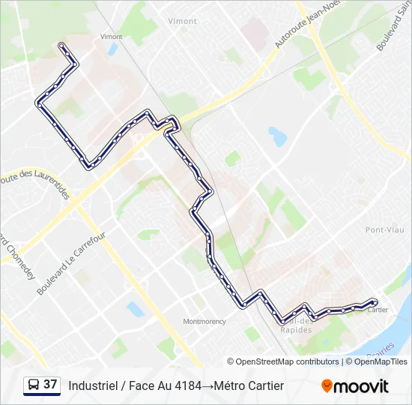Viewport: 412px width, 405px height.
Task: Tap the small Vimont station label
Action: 111,36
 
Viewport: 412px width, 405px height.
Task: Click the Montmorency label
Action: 204,322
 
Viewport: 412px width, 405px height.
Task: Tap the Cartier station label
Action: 378,310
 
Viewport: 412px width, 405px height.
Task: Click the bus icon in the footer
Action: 33,385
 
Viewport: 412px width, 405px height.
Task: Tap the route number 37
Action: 50,385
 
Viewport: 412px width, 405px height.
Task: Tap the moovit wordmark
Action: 361,386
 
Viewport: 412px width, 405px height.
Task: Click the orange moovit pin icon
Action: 327,385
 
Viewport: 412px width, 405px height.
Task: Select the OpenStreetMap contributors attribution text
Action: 288,361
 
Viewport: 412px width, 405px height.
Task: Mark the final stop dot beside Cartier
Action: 374,302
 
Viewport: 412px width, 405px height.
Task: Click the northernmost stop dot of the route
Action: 62,46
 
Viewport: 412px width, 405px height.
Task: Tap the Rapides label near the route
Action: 294,329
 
